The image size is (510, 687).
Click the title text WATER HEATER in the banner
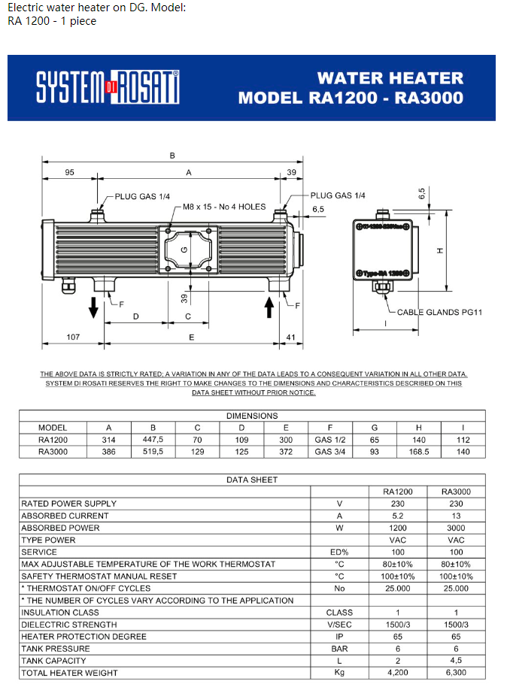[390, 78]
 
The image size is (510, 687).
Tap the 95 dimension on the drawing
[70, 172]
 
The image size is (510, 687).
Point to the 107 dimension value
[73, 337]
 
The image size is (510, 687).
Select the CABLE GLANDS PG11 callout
[439, 312]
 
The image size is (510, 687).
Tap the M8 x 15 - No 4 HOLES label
[224, 207]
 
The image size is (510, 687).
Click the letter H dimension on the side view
[440, 250]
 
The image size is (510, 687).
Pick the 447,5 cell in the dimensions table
[153, 440]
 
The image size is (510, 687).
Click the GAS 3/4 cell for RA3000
[330, 452]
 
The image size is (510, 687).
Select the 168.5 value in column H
[419, 452]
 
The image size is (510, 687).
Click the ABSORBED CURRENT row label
[65, 516]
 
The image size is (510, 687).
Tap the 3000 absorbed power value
[456, 528]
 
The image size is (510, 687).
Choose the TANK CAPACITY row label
[53, 661]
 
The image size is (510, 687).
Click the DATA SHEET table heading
[252, 480]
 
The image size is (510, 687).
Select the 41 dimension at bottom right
[291, 337]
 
